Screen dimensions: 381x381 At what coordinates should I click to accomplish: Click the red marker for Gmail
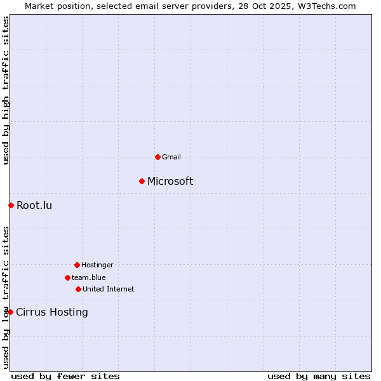pos(157,157)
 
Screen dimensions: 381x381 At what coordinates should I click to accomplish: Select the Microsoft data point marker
pos(142,182)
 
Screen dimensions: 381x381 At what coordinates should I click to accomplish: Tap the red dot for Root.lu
pos(11,205)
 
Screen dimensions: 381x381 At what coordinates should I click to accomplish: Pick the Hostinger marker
pos(77,265)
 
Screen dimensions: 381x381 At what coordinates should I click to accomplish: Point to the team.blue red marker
pos(67,277)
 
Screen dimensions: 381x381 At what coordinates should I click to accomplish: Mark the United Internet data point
pos(78,289)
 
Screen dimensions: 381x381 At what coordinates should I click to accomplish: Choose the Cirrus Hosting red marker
pos(10,312)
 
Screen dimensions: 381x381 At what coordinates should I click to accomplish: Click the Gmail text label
pos(171,157)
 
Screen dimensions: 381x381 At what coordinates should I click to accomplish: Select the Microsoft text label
pos(170,182)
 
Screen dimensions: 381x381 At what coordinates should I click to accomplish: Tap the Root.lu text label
pos(34,205)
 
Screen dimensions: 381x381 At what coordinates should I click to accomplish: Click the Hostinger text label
pos(97,265)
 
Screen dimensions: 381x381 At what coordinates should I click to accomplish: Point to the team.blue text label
pos(88,277)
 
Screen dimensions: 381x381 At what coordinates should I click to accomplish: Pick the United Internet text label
pos(108,289)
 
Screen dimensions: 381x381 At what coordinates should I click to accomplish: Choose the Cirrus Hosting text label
pos(52,312)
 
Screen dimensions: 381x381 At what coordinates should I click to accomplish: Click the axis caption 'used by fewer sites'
pos(65,376)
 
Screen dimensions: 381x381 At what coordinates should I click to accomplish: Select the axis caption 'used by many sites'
pos(319,376)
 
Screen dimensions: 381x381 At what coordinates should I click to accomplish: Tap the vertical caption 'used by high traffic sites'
pos(6,90)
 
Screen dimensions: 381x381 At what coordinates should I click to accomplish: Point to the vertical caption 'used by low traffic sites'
pos(6,297)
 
